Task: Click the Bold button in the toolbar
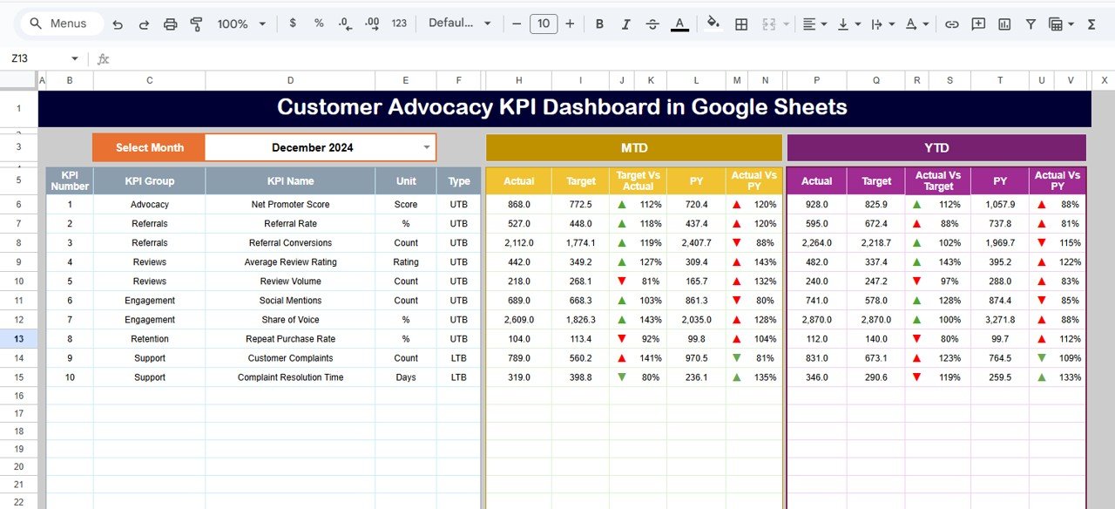tap(599, 24)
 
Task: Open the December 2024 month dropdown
tap(426, 147)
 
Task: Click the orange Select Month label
tap(149, 147)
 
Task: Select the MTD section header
tap(633, 147)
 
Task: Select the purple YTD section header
tap(936, 147)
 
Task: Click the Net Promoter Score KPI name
tap(290, 205)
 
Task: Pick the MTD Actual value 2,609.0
tap(519, 320)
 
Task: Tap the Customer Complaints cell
tap(290, 358)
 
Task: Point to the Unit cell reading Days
tap(406, 377)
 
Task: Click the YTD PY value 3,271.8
tap(999, 320)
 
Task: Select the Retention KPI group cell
tap(149, 339)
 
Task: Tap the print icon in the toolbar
tap(171, 24)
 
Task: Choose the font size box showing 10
tap(544, 24)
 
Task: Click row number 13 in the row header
tap(18, 339)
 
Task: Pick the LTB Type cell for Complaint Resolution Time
tap(459, 377)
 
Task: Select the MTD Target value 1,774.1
tap(580, 243)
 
